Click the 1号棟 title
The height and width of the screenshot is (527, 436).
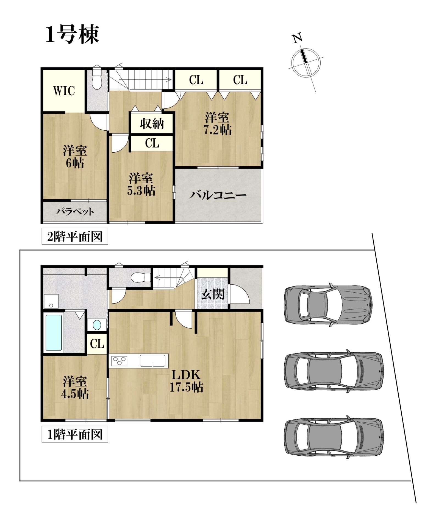point(72,35)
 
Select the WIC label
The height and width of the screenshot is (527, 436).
point(64,91)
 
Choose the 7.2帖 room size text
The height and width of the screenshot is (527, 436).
point(217,130)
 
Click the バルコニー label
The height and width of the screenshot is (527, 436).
point(218,195)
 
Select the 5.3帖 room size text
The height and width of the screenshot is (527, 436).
point(141,190)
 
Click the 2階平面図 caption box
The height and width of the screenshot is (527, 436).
point(75,236)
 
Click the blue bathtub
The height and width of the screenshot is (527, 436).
point(54,333)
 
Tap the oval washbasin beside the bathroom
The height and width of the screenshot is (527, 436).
point(97,325)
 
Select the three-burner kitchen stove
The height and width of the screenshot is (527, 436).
point(119,361)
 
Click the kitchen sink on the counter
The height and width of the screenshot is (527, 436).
point(154,361)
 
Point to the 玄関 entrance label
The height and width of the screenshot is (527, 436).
point(213,294)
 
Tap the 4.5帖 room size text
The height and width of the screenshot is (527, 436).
point(75,394)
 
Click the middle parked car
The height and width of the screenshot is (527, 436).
point(334,371)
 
